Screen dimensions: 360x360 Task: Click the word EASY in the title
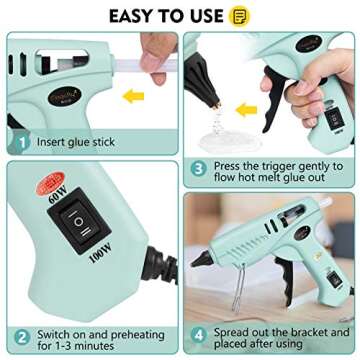pos(131,15)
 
